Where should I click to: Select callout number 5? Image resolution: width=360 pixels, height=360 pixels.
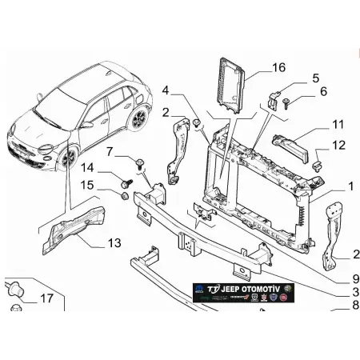pyautogui.click(x=315, y=78)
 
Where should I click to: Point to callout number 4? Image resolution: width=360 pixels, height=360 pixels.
pyautogui.click(x=165, y=90)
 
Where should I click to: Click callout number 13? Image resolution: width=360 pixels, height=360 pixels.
pyautogui.click(x=114, y=242)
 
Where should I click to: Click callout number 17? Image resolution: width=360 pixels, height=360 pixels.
pyautogui.click(x=45, y=299)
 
